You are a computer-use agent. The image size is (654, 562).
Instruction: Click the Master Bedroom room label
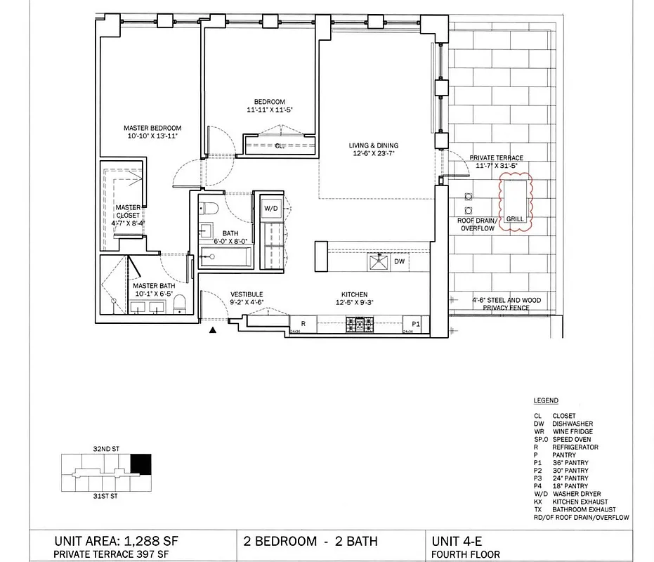pos(152,128)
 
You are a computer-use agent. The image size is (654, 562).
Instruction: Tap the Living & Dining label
pos(372,146)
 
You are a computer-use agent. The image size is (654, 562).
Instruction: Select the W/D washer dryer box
pos(271,209)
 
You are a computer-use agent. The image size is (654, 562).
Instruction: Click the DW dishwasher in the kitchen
pos(399,261)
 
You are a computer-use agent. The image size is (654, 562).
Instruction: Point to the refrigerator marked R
pos(303,324)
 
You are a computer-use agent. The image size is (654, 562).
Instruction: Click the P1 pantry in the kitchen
pos(414,324)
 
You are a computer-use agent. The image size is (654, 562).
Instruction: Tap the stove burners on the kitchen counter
pos(359,324)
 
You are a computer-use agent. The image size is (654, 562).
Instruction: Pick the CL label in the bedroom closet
pos(279,146)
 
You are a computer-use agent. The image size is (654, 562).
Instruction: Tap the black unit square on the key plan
pos(141,464)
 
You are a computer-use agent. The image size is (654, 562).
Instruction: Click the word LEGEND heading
pos(546,400)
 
